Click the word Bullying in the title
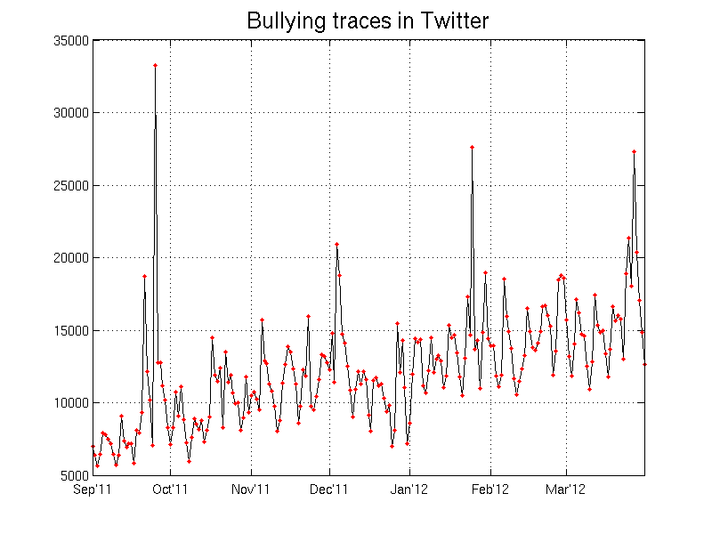[281, 20]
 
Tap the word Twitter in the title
[452, 20]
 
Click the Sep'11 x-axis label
[93, 489]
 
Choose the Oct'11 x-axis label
[170, 489]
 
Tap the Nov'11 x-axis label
[251, 489]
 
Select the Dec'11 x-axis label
[329, 489]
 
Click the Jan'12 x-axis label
[409, 489]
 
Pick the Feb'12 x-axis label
[489, 489]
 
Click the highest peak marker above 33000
[155, 65]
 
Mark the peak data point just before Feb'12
[472, 147]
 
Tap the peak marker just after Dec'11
[336, 244]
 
